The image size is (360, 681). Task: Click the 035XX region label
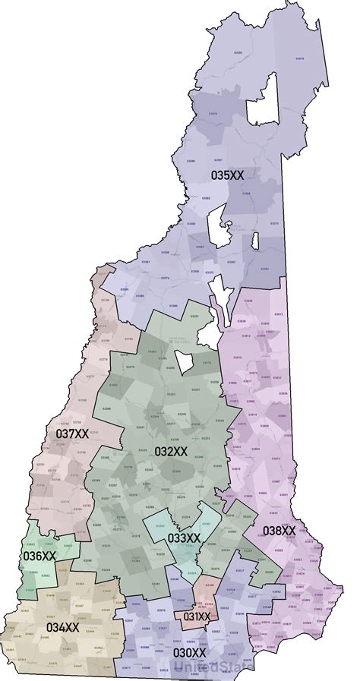click(227, 175)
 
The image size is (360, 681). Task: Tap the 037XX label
click(72, 434)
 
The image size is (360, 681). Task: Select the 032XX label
click(171, 451)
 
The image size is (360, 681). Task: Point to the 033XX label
click(184, 538)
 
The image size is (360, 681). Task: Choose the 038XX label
click(279, 529)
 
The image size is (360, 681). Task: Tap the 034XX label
click(62, 627)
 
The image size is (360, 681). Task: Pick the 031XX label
click(197, 616)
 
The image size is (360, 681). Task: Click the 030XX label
click(189, 652)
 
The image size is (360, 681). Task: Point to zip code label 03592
click(238, 52)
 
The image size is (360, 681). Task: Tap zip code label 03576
click(213, 114)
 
